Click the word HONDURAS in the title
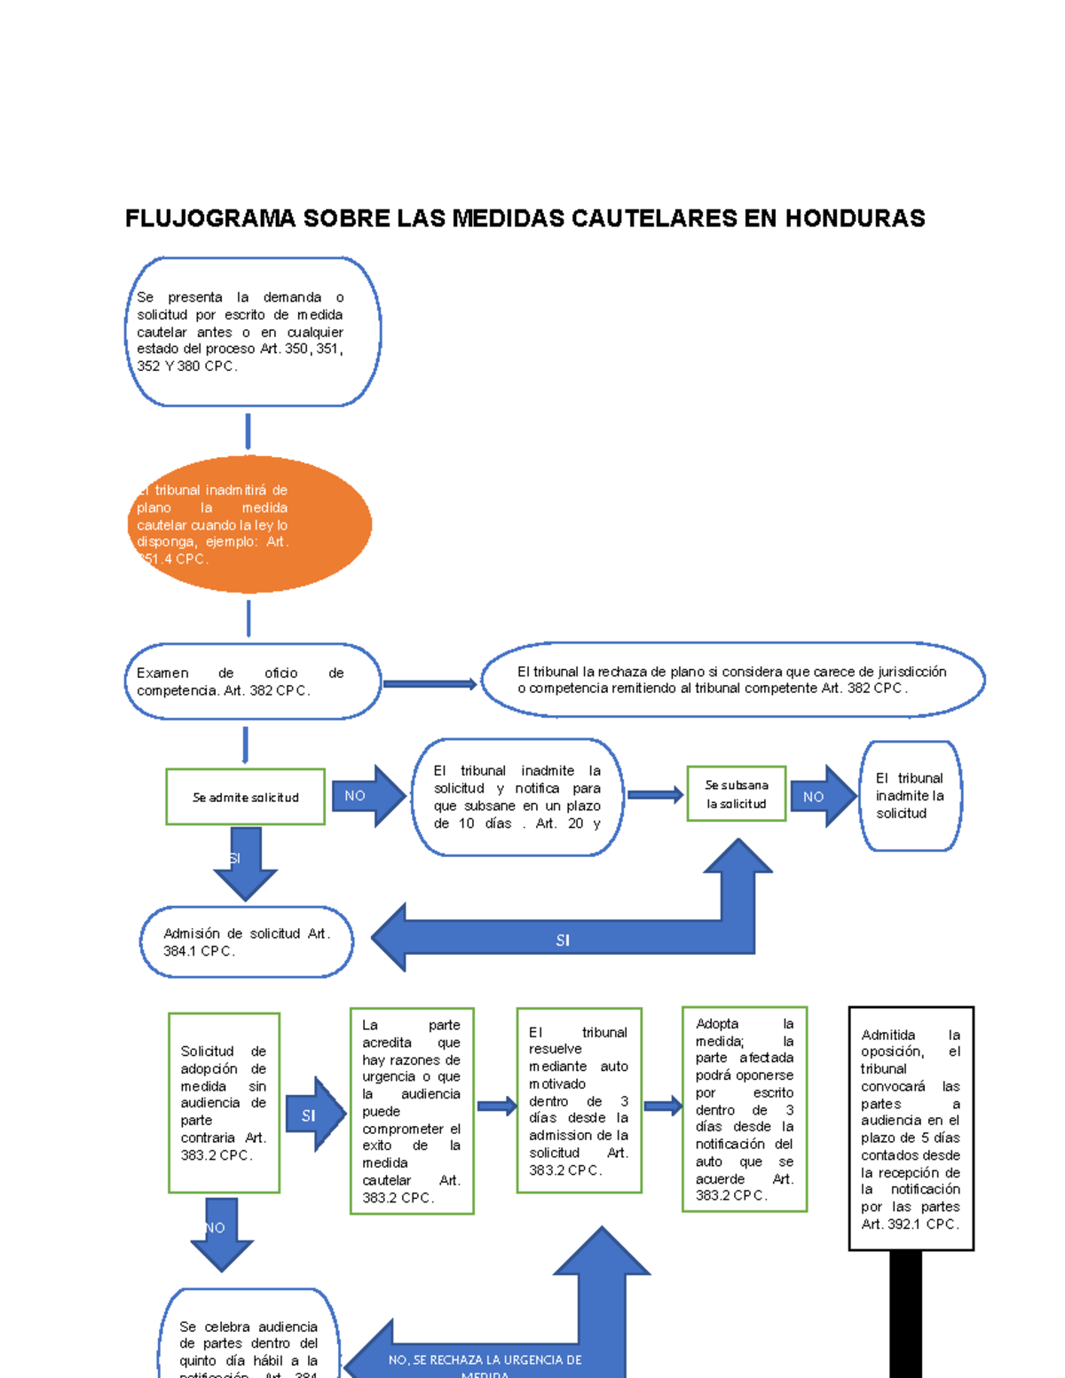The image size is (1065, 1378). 855,218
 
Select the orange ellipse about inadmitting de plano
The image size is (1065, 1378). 249,524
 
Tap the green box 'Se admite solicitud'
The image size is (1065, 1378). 246,797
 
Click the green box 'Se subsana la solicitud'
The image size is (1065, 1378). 737,794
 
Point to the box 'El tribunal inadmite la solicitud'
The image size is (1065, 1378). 910,796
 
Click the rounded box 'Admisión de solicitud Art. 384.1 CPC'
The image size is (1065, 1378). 247,941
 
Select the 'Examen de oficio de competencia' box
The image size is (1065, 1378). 252,681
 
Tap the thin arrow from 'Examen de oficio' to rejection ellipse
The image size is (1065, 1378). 430,684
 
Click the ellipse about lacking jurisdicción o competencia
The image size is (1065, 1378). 732,680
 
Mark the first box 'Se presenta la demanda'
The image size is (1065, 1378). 252,332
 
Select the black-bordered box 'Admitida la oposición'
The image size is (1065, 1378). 911,1129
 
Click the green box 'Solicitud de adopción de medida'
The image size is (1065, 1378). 224,1103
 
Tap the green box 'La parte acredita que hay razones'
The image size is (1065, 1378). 412,1111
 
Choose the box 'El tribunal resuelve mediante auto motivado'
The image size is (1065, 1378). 579,1101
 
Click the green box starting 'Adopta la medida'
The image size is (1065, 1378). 745,1109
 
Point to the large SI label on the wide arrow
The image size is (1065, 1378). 563,941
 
